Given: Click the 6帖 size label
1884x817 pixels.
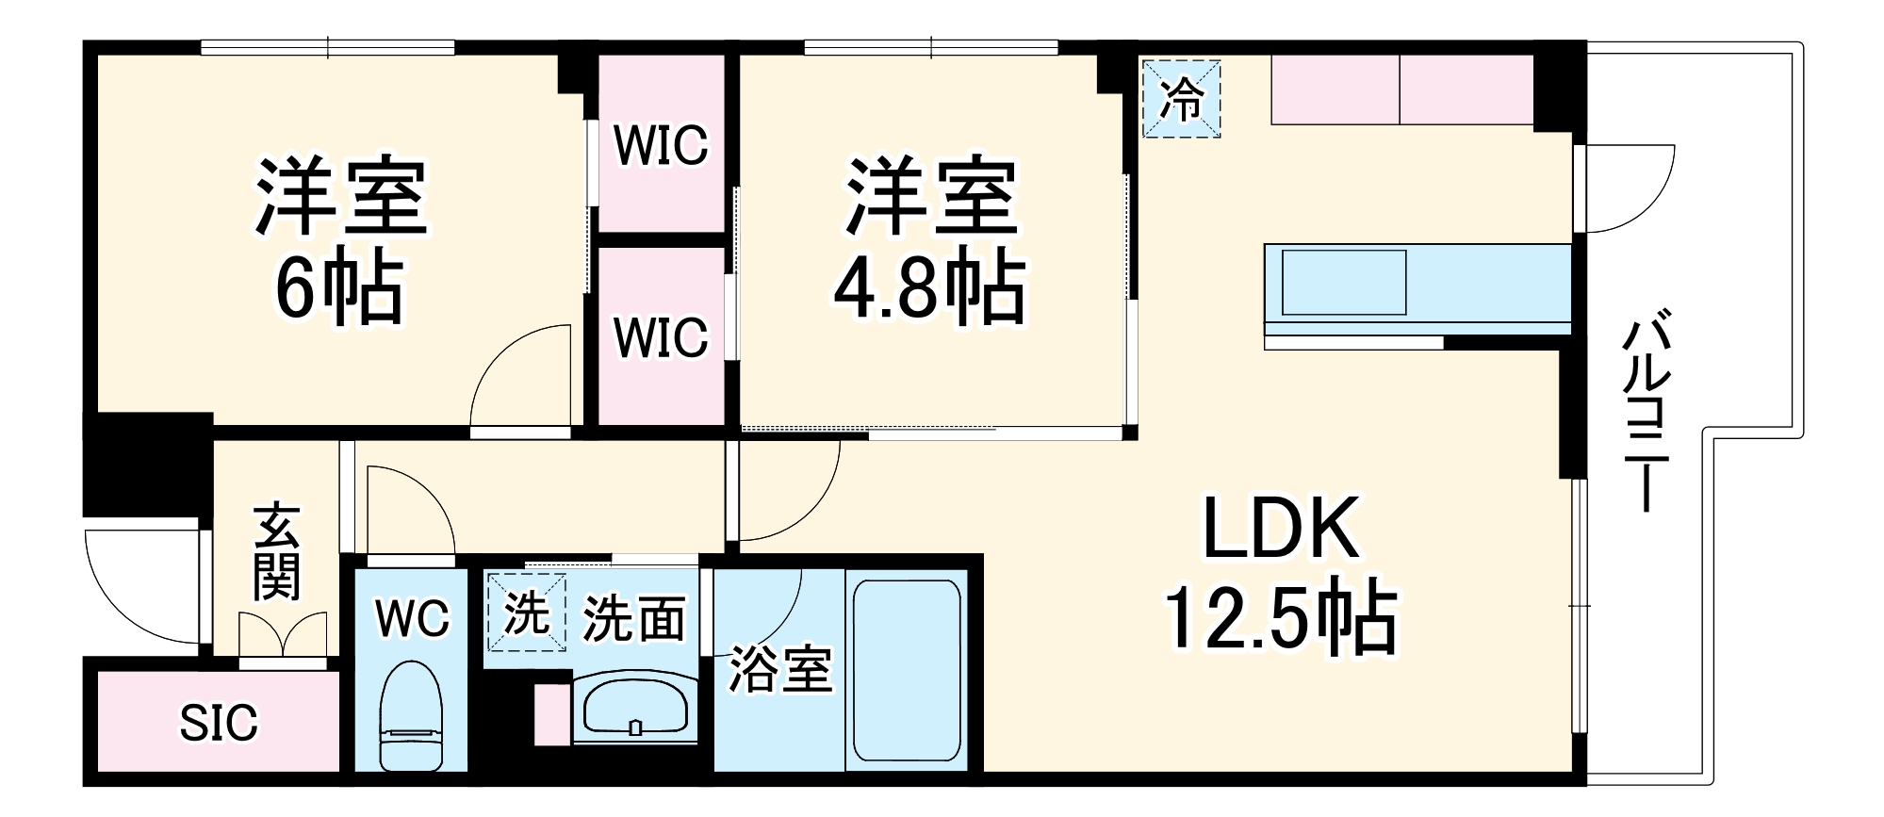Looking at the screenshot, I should [338, 287].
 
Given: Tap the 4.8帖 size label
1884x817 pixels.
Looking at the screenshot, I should [927, 287].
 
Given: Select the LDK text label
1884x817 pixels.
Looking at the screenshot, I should [1281, 531].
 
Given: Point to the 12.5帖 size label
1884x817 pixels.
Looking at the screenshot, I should [1281, 618].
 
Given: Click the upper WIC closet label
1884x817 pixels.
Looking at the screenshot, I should [660, 146].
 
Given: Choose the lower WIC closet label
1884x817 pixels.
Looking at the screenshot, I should [660, 337].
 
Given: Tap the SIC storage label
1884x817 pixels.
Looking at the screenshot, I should [219, 723].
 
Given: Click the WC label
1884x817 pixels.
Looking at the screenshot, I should [412, 618].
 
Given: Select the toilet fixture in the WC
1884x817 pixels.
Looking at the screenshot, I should [410, 716].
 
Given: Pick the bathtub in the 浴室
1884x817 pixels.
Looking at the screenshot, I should [907, 669].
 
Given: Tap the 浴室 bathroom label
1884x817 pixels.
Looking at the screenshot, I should [780, 670].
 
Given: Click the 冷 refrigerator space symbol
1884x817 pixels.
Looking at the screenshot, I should [1181, 99].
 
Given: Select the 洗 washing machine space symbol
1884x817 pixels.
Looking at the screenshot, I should [526, 613].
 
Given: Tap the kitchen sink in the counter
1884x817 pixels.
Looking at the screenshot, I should [1344, 282].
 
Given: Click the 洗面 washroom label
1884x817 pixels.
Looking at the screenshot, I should [633, 618].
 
